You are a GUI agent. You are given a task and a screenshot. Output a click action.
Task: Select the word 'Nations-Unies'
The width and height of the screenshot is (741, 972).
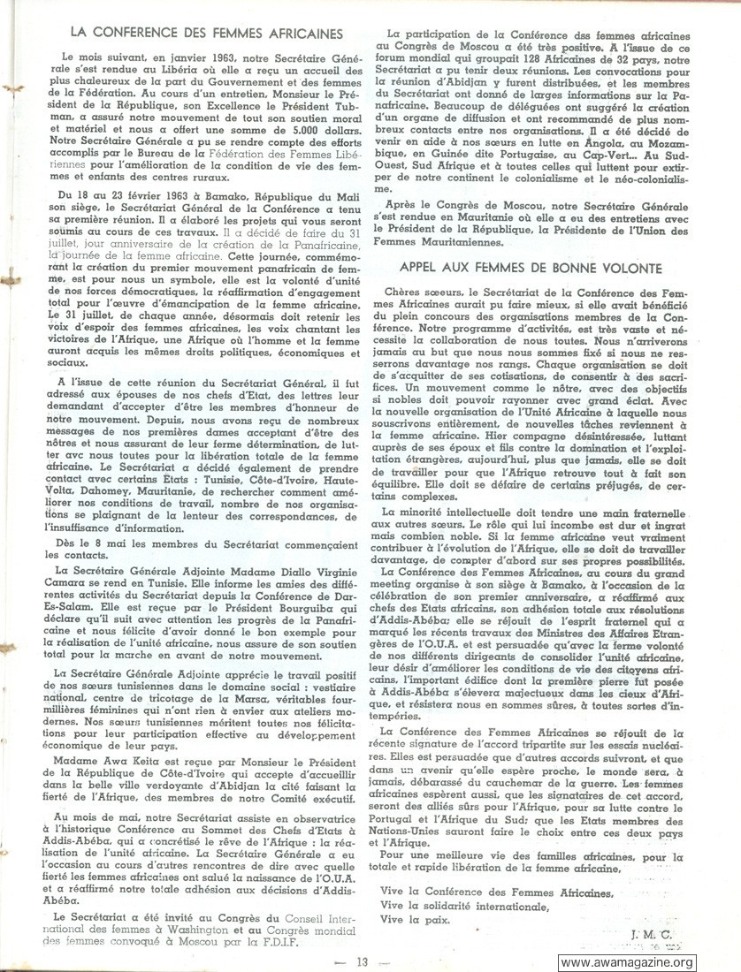pos(420,832)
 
